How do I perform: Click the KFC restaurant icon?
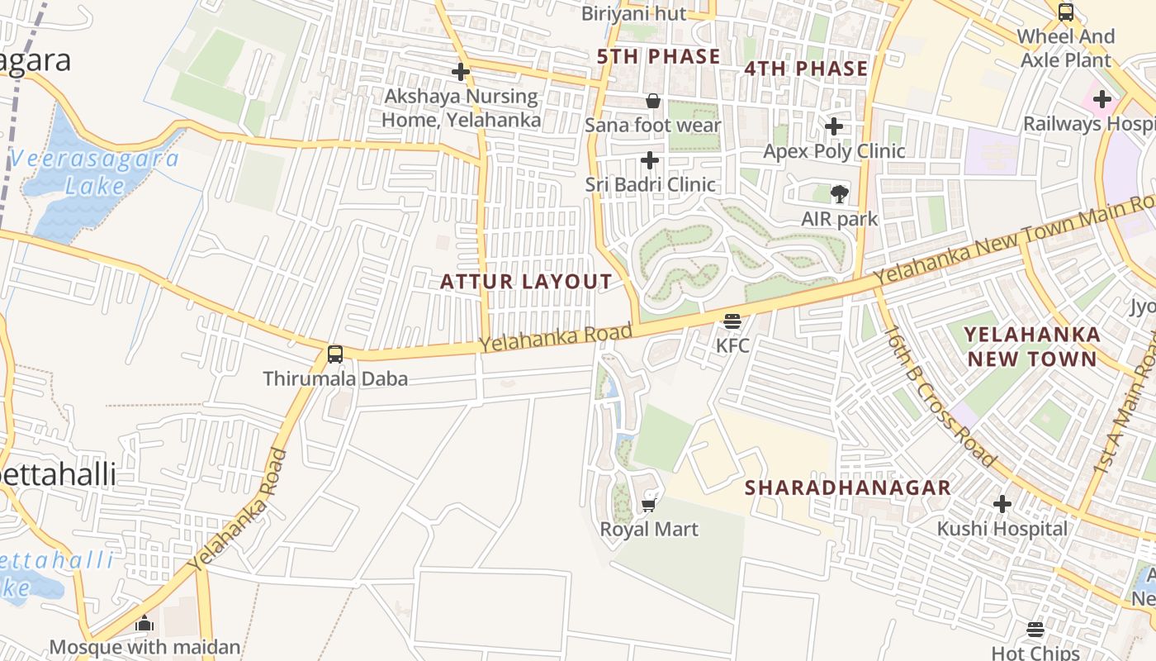pos(732,321)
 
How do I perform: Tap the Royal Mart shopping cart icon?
pos(649,504)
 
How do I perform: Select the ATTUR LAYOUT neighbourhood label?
pos(526,282)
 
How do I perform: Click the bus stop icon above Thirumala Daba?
pos(335,354)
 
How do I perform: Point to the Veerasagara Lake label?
pos(95,172)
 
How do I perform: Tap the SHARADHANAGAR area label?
pos(848,487)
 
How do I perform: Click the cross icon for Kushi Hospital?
pos(1002,503)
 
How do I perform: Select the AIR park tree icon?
pos(839,194)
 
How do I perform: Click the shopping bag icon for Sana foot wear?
pos(652,101)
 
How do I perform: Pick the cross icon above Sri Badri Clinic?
pos(650,159)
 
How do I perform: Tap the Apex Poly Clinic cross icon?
pos(834,126)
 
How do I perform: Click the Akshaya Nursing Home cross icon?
pos(461,72)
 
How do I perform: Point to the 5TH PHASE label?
pos(659,56)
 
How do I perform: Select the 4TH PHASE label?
pos(806,68)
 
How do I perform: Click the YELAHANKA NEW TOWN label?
pos(1032,346)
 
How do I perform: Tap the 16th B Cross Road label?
pos(940,395)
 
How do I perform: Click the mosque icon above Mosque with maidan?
pos(144,622)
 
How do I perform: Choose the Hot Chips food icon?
pos(1035,630)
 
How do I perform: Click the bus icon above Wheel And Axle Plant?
pos(1066,12)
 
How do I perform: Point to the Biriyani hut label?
pos(633,13)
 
